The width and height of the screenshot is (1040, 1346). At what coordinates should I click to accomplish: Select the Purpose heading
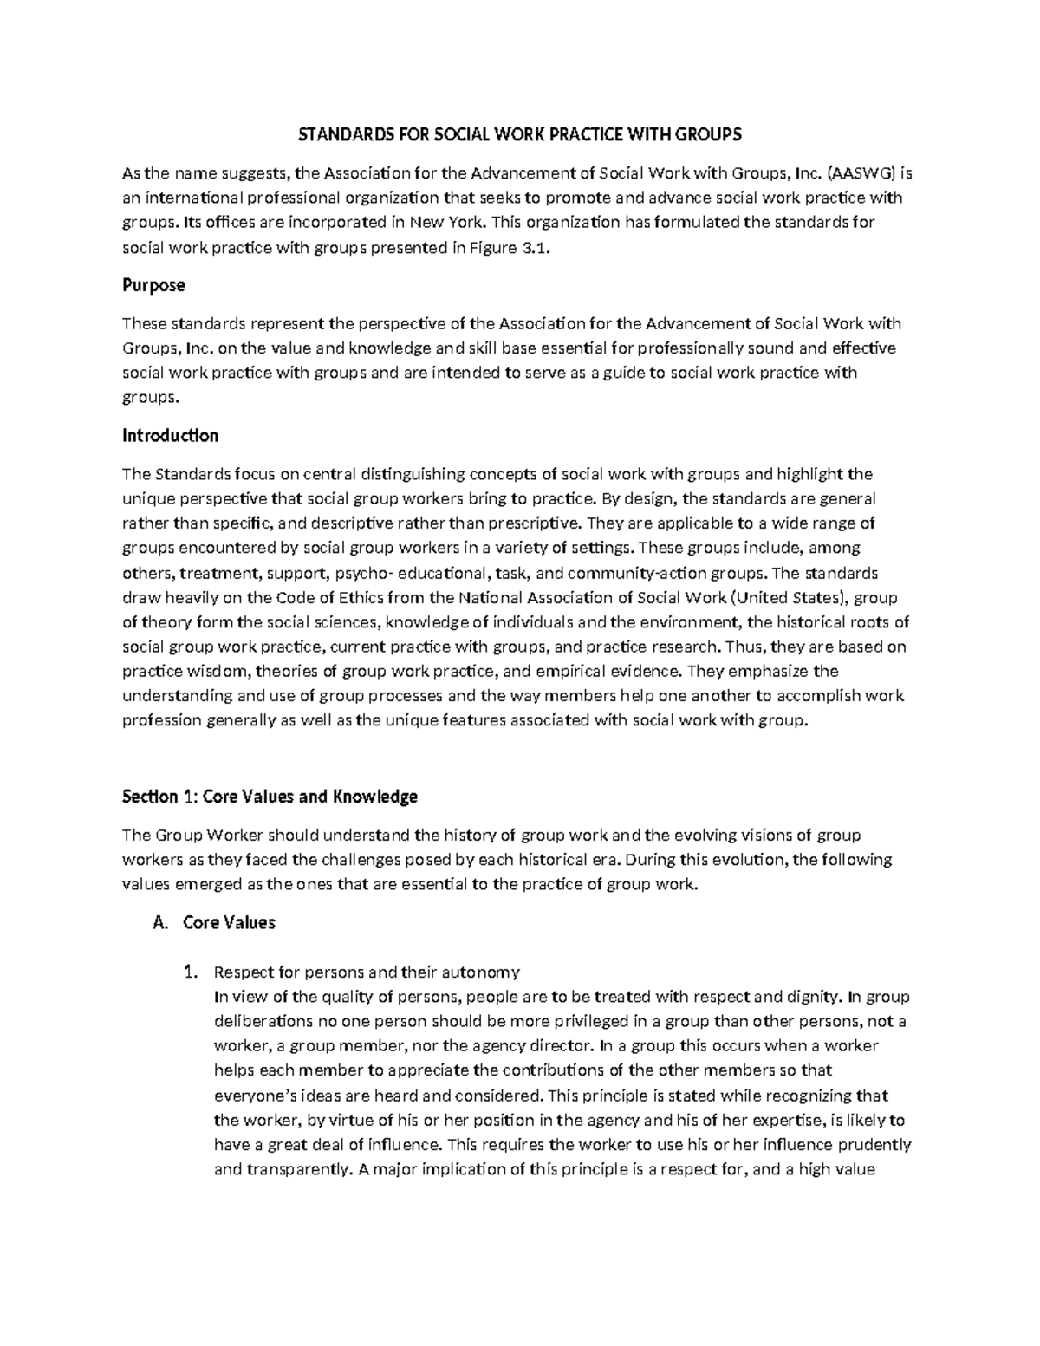pos(153,285)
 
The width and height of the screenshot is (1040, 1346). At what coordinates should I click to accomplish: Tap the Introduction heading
pos(170,435)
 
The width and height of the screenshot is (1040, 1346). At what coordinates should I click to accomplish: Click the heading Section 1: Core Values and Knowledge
pos(270,796)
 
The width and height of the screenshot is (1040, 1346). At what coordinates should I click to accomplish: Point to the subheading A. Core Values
pos(213,922)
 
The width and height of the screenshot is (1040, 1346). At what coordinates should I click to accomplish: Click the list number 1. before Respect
pos(193,971)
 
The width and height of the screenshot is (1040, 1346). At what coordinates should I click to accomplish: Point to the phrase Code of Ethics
pos(328,597)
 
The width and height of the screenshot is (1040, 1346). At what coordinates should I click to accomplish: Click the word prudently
pos(874,1144)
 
